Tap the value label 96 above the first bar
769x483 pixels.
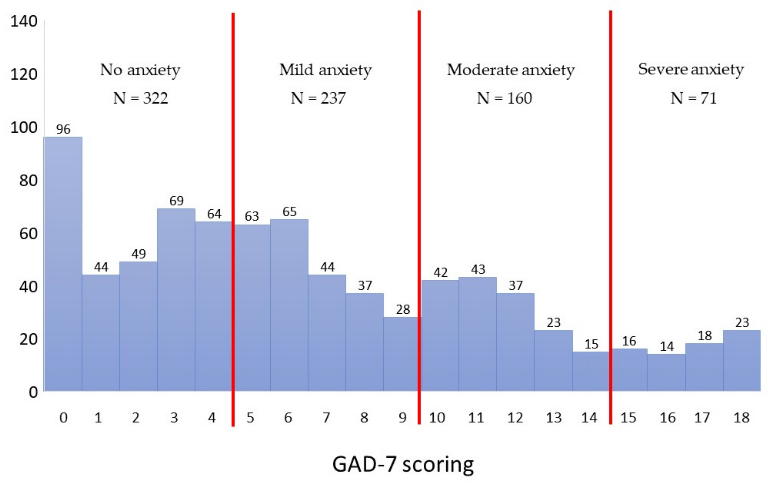63,129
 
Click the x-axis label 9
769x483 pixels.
402,418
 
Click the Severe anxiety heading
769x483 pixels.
691,69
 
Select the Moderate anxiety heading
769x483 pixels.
511,70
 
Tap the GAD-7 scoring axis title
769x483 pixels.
403,464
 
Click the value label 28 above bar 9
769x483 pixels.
403,309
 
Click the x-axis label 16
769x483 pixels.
667,418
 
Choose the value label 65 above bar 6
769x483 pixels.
289,212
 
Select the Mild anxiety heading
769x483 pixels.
325,70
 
